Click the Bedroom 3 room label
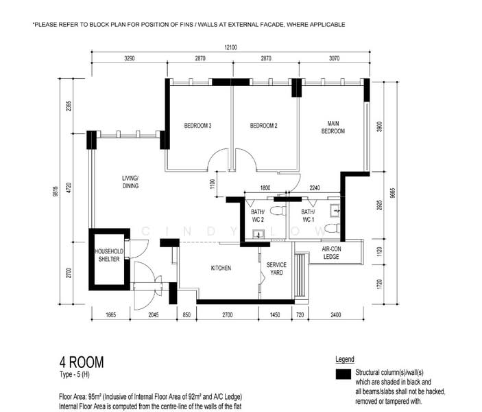point(197,126)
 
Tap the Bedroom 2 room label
point(264,126)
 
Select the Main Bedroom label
point(333,127)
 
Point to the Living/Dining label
point(130,182)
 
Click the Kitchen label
point(221,268)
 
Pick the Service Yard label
point(276,268)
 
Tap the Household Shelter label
point(109,255)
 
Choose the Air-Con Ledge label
point(331,253)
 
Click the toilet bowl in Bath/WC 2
point(278,211)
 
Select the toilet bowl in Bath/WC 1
point(333,229)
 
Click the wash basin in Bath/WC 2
point(258,234)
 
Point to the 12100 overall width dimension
point(230,47)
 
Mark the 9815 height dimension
point(56,191)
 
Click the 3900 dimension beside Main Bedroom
point(379,126)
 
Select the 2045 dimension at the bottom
point(154,314)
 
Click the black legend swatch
point(344,374)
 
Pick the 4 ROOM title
point(82,363)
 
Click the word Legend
point(345,359)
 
